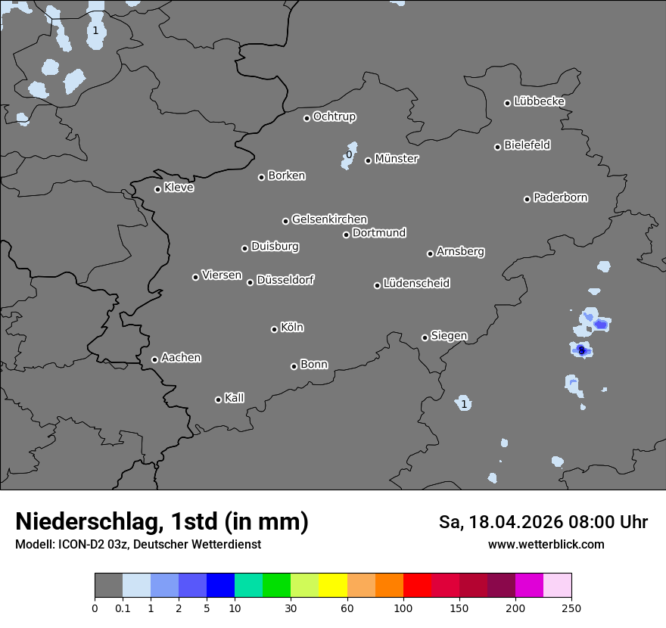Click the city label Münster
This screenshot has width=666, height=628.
point(397,159)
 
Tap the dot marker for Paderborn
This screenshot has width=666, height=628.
point(528,199)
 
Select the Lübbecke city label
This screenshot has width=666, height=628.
point(539,101)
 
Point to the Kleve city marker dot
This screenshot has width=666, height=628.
point(157,189)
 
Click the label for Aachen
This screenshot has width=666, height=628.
point(181,358)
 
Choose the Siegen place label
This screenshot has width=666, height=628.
point(449,336)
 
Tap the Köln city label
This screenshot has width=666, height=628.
point(292,328)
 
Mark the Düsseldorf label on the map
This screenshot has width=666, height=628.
point(285,280)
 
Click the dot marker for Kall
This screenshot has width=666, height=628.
point(218,399)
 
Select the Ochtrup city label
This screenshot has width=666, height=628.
point(335,117)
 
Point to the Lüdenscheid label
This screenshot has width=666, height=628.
point(416,284)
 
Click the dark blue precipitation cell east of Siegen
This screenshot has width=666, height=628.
point(581,350)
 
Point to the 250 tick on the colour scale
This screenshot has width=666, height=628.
point(571,608)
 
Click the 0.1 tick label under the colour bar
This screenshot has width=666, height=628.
point(123,608)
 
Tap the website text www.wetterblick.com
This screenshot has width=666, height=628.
point(546,544)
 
